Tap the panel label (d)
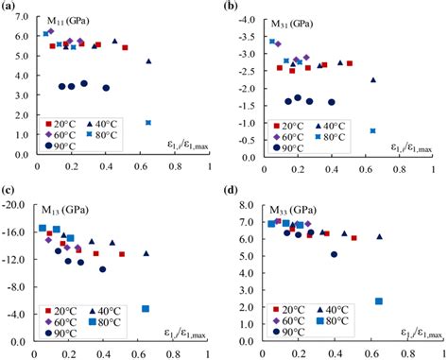pos(235,189)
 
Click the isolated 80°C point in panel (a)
pos(148,123)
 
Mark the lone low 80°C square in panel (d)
pos(378,301)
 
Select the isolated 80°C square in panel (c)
pos(146,309)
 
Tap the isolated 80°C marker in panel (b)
pos(373,130)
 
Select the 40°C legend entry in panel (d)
pos(338,309)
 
